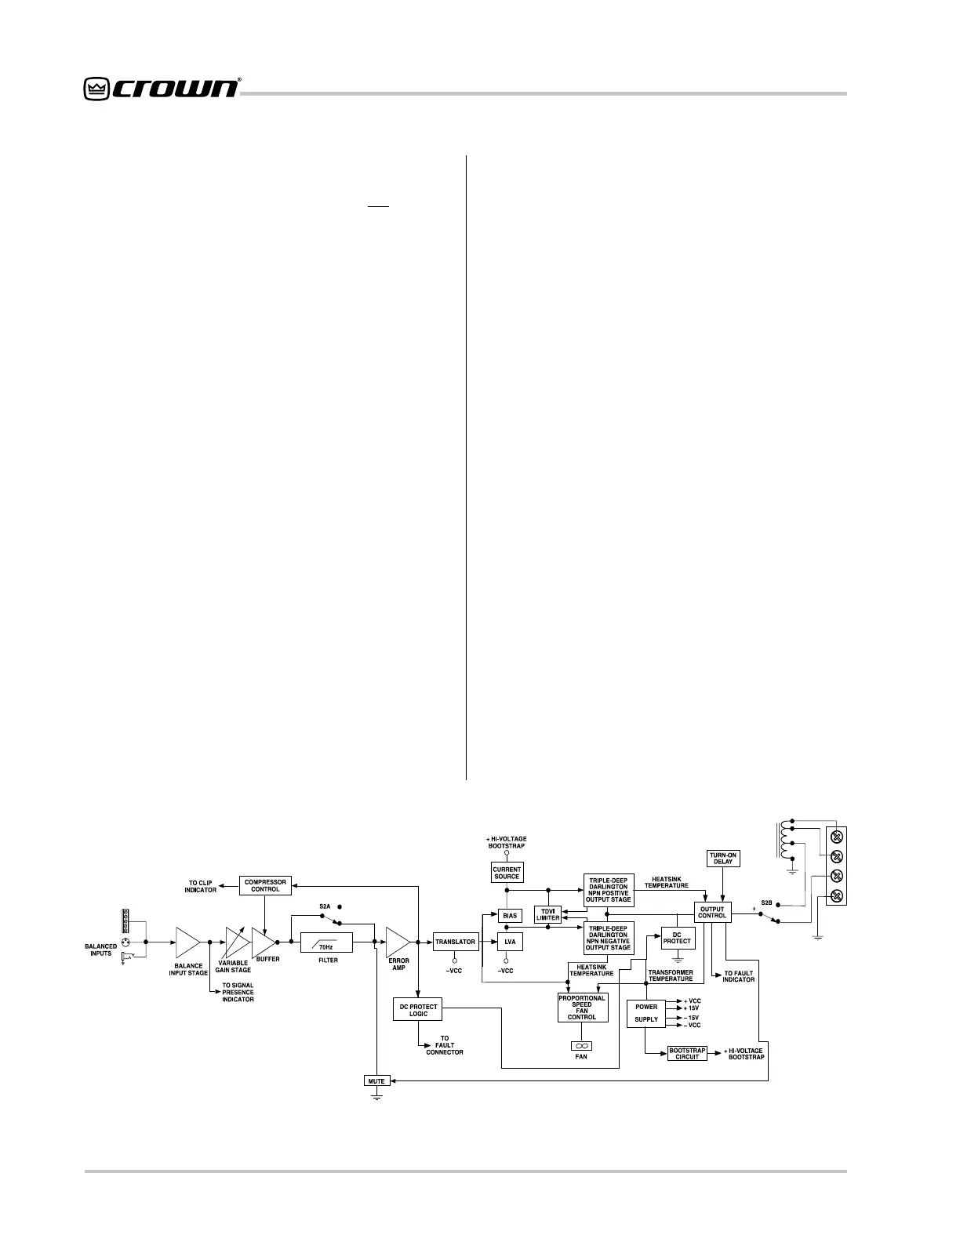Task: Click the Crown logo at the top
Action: [161, 89]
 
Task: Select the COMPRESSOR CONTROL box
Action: [264, 886]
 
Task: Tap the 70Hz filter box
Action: [326, 942]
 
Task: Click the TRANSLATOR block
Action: [455, 942]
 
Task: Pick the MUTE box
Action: [376, 1081]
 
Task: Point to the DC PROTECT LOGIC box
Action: [418, 1010]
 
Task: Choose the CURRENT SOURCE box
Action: [507, 873]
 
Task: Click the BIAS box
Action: [510, 916]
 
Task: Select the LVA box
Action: [510, 942]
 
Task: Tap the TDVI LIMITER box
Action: [548, 914]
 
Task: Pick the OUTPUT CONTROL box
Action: [712, 912]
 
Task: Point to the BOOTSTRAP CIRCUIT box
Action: [686, 1054]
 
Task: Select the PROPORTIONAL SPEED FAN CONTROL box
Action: [582, 1008]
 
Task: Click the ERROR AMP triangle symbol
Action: [397, 942]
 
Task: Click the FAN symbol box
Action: [581, 1045]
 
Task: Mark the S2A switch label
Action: [325, 906]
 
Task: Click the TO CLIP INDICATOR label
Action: [201, 887]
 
